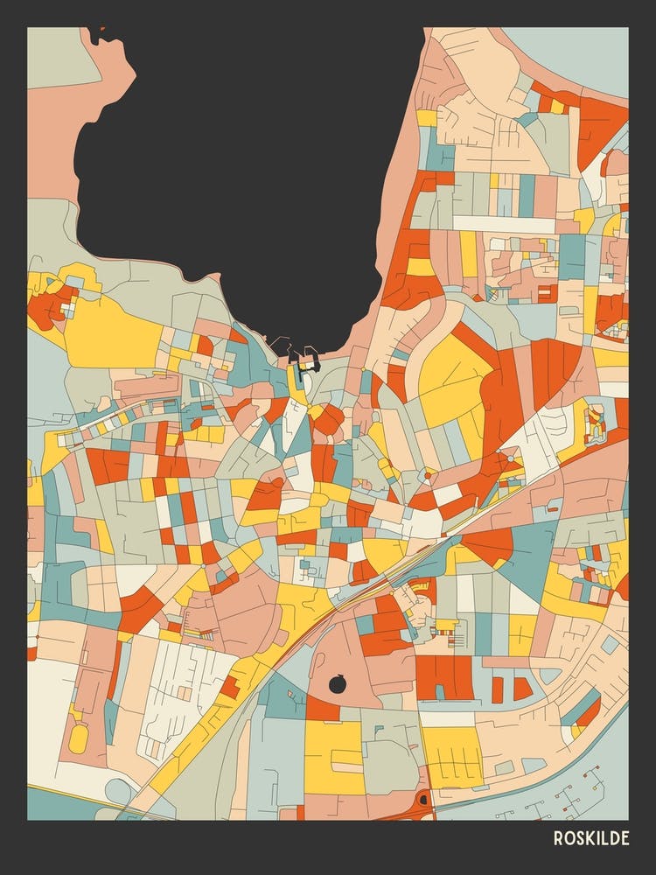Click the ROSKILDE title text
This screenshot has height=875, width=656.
click(x=590, y=838)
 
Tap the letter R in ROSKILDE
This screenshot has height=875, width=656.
click(x=558, y=838)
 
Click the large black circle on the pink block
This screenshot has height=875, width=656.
click(x=338, y=684)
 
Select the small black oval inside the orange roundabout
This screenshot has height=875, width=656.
click(x=424, y=798)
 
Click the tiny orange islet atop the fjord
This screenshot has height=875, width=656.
click(x=101, y=29)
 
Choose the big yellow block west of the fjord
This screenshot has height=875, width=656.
click(x=109, y=332)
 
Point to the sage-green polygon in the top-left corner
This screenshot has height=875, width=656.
click(x=61, y=57)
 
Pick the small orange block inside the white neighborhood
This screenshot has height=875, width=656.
click(x=231, y=687)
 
